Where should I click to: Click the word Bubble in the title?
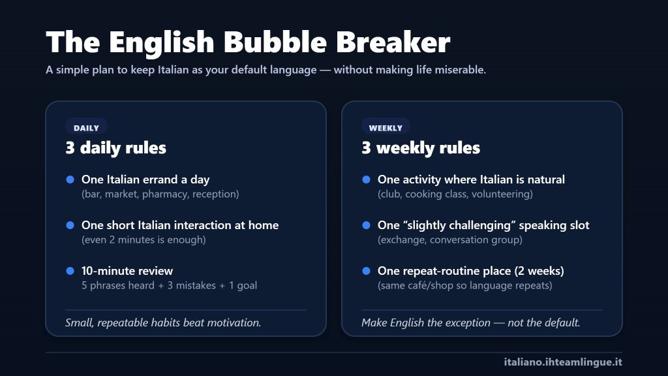point(277,42)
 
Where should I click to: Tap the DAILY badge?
point(86,128)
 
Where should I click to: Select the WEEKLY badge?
point(386,128)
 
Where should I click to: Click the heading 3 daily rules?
point(115,148)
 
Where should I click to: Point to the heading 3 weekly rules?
point(421,148)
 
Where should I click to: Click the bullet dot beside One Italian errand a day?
point(70,180)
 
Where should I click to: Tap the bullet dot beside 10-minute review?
point(70,271)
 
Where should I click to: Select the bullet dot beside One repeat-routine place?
point(366,271)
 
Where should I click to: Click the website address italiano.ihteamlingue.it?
point(563,362)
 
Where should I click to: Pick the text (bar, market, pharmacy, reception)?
point(160,194)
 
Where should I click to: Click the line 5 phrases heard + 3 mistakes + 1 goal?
point(170,285)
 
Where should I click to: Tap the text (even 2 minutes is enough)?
point(144,240)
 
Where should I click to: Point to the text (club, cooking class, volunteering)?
point(455,194)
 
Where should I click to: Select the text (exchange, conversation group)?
point(450,240)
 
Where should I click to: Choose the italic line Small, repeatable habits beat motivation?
point(163,322)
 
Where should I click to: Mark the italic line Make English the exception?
point(470,322)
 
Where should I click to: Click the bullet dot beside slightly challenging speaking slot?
point(366,225)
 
